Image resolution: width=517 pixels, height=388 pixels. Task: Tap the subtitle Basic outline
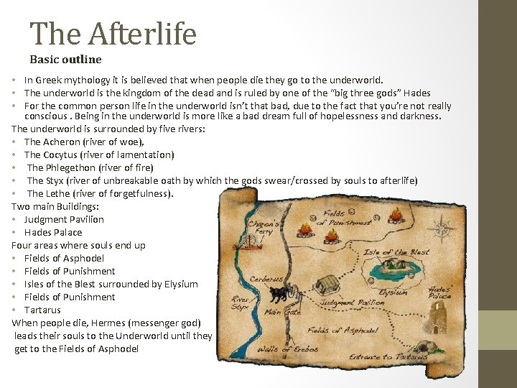[x=65, y=60]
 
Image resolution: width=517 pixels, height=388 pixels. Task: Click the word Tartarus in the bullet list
[x=44, y=310]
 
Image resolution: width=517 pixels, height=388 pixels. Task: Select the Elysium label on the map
[x=393, y=293]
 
